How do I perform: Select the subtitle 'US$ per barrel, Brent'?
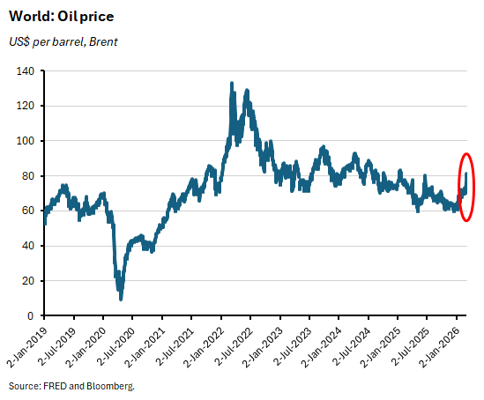pyautogui.click(x=63, y=41)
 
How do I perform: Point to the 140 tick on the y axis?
pyautogui.click(x=27, y=70)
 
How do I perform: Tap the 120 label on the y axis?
pyautogui.click(x=27, y=106)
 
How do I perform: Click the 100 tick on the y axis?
pyautogui.click(x=27, y=141)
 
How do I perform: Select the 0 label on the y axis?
pyautogui.click(x=33, y=315)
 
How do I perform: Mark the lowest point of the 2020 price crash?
pyautogui.click(x=121, y=299)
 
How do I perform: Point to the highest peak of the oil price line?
pyautogui.click(x=231, y=83)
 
